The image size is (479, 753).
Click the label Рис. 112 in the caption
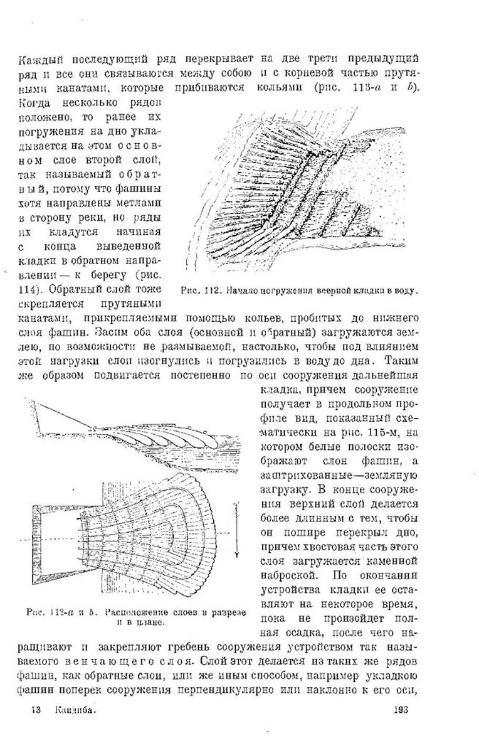pos(198,291)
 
